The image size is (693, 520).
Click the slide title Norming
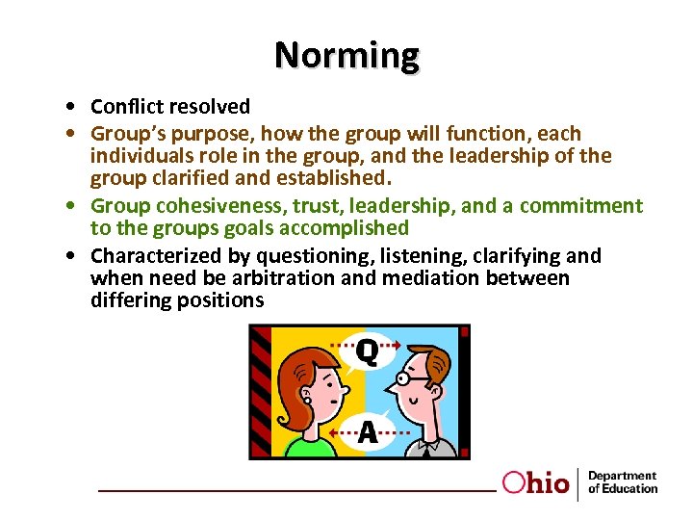tap(346, 55)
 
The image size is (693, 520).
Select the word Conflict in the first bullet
tap(123, 106)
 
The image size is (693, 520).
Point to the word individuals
tap(137, 155)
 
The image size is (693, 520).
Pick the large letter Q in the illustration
tap(367, 352)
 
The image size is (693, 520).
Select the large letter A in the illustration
tap(368, 433)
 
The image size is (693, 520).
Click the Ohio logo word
tap(536, 482)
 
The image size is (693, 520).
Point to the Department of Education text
tap(622, 482)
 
